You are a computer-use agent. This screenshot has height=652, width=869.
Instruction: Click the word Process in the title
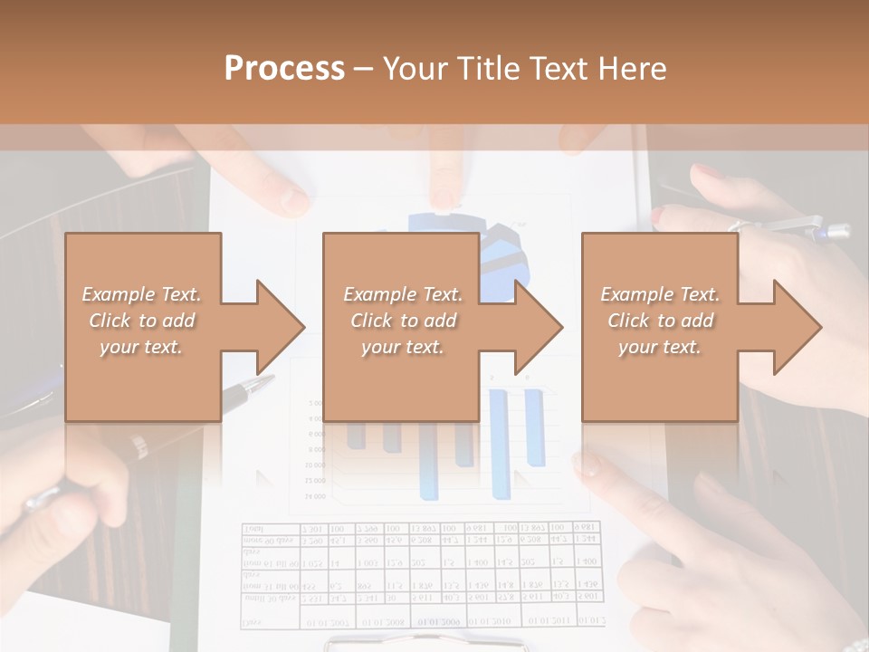(x=284, y=69)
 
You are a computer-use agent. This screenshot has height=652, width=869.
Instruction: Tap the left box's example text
(x=142, y=321)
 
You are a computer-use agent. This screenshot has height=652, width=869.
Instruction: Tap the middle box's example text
(x=403, y=321)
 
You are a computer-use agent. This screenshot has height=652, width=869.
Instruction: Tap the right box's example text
(x=660, y=321)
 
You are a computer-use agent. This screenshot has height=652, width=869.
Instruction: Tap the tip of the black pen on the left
(x=263, y=380)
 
